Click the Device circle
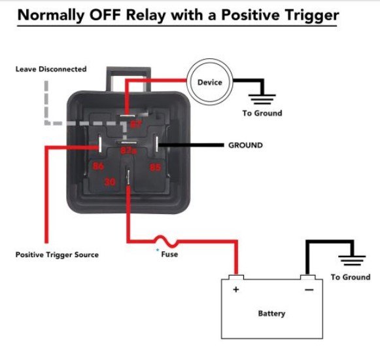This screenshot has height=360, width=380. pos(210,82)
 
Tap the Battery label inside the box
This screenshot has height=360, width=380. pos(271,314)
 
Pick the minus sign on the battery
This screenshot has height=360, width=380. pos(309,289)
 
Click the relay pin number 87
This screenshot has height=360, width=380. pos(135,124)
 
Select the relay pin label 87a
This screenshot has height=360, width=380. pos(128,150)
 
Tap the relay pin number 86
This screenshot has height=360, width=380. pos(99,166)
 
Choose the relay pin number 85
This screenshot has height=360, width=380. pos(155,166)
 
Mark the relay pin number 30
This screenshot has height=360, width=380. pos(111,183)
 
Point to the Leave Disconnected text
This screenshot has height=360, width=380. pos(51,69)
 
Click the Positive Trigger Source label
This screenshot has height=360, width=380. pos(57,254)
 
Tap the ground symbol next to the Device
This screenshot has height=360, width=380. pos(263,97)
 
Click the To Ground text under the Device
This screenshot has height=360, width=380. pos(262,113)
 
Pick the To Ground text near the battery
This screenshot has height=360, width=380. pos(350,277)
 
